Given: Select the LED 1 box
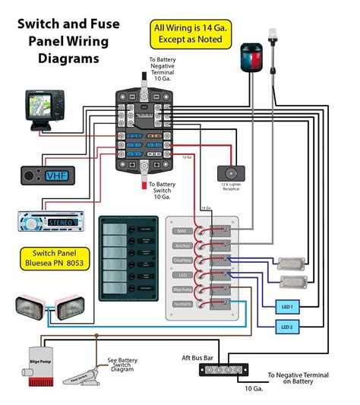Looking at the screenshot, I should coord(288,306).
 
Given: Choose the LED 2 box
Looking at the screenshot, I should coord(288,327).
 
